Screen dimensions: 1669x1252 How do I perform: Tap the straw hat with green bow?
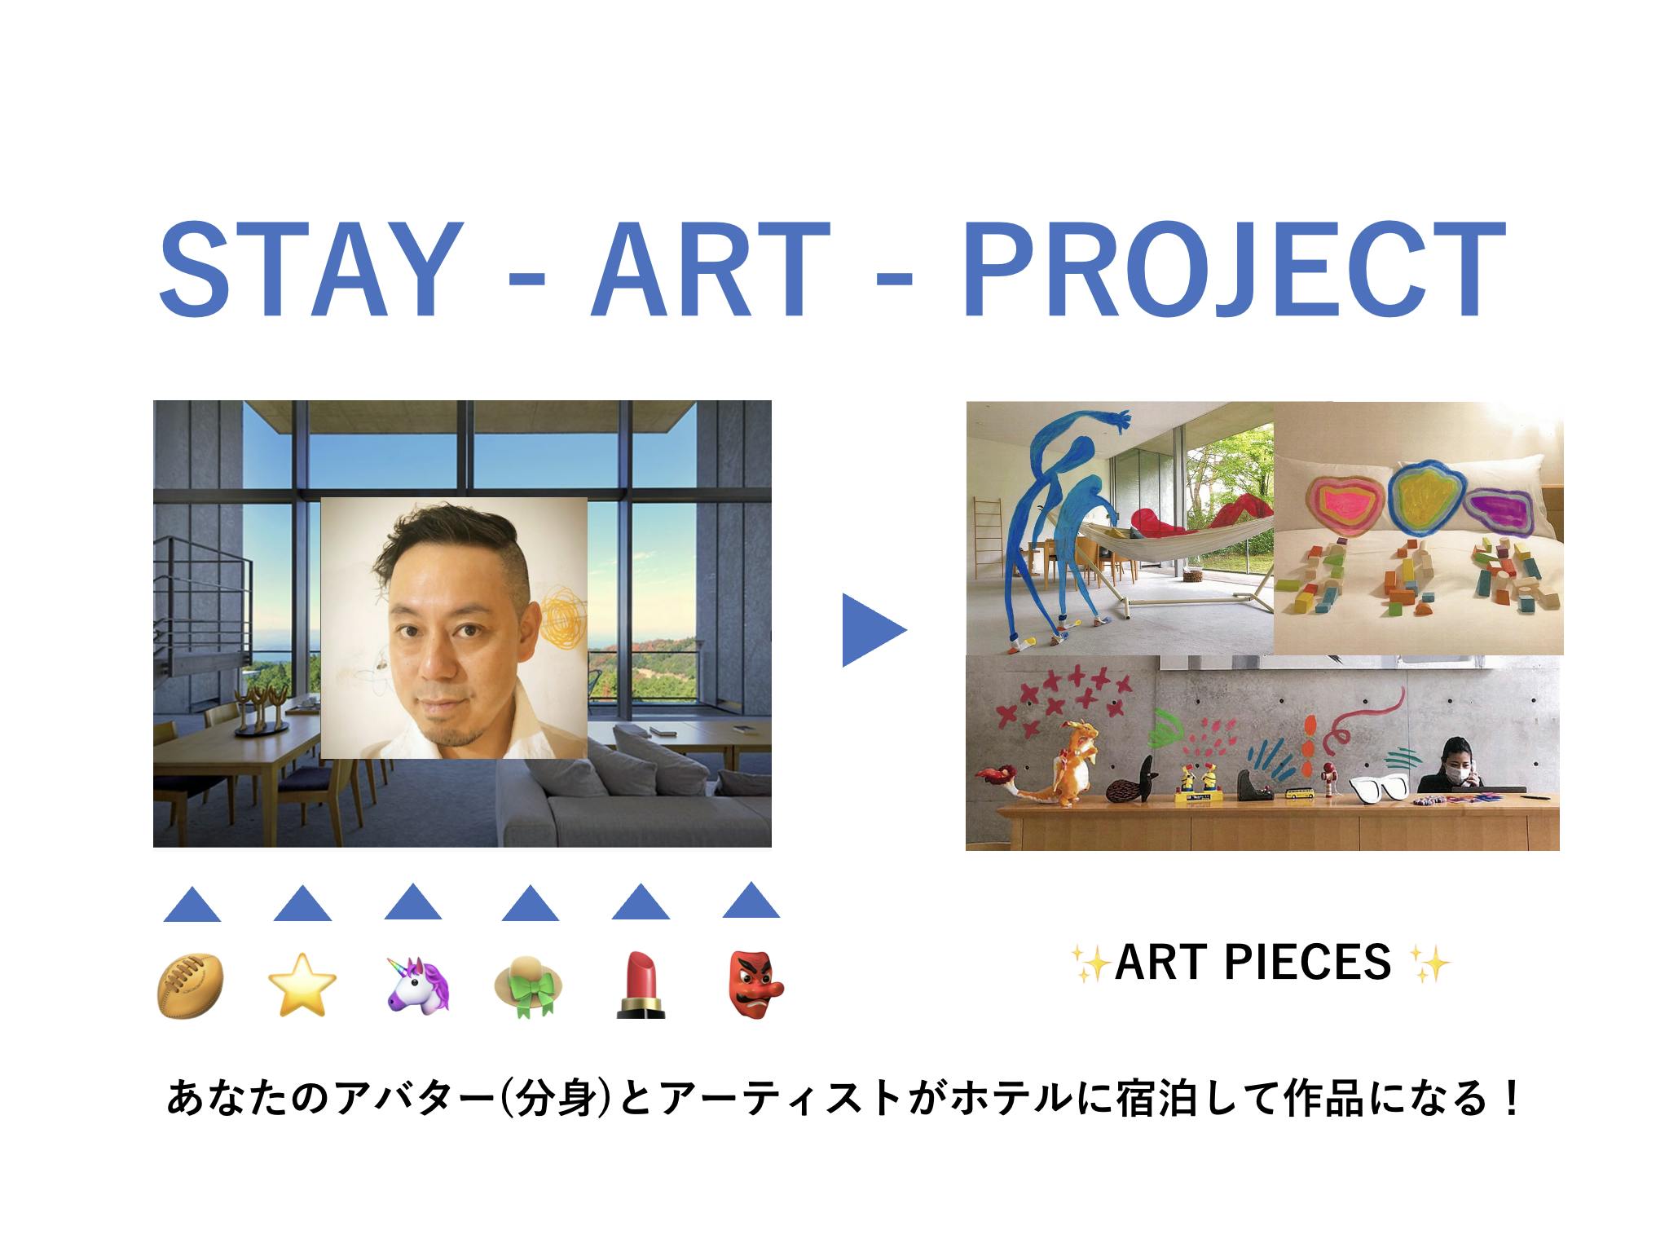[x=529, y=985]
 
